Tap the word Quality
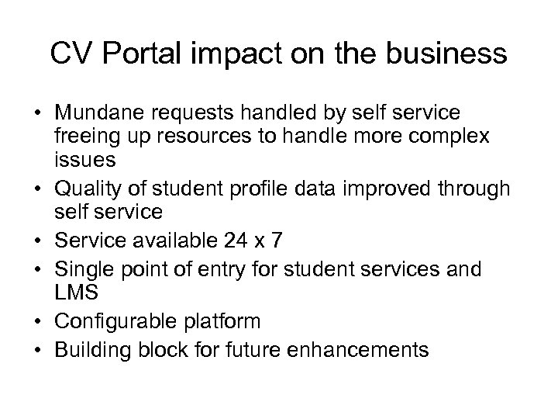tap(85, 189)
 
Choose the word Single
tap(80, 269)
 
